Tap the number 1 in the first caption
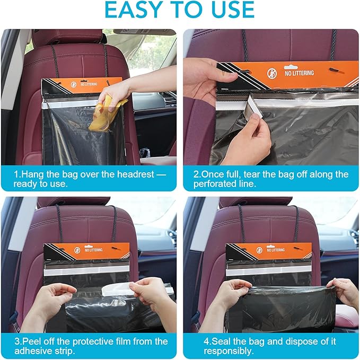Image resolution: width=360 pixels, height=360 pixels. click(16, 174)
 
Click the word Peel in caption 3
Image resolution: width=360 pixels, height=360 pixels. click(32, 341)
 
